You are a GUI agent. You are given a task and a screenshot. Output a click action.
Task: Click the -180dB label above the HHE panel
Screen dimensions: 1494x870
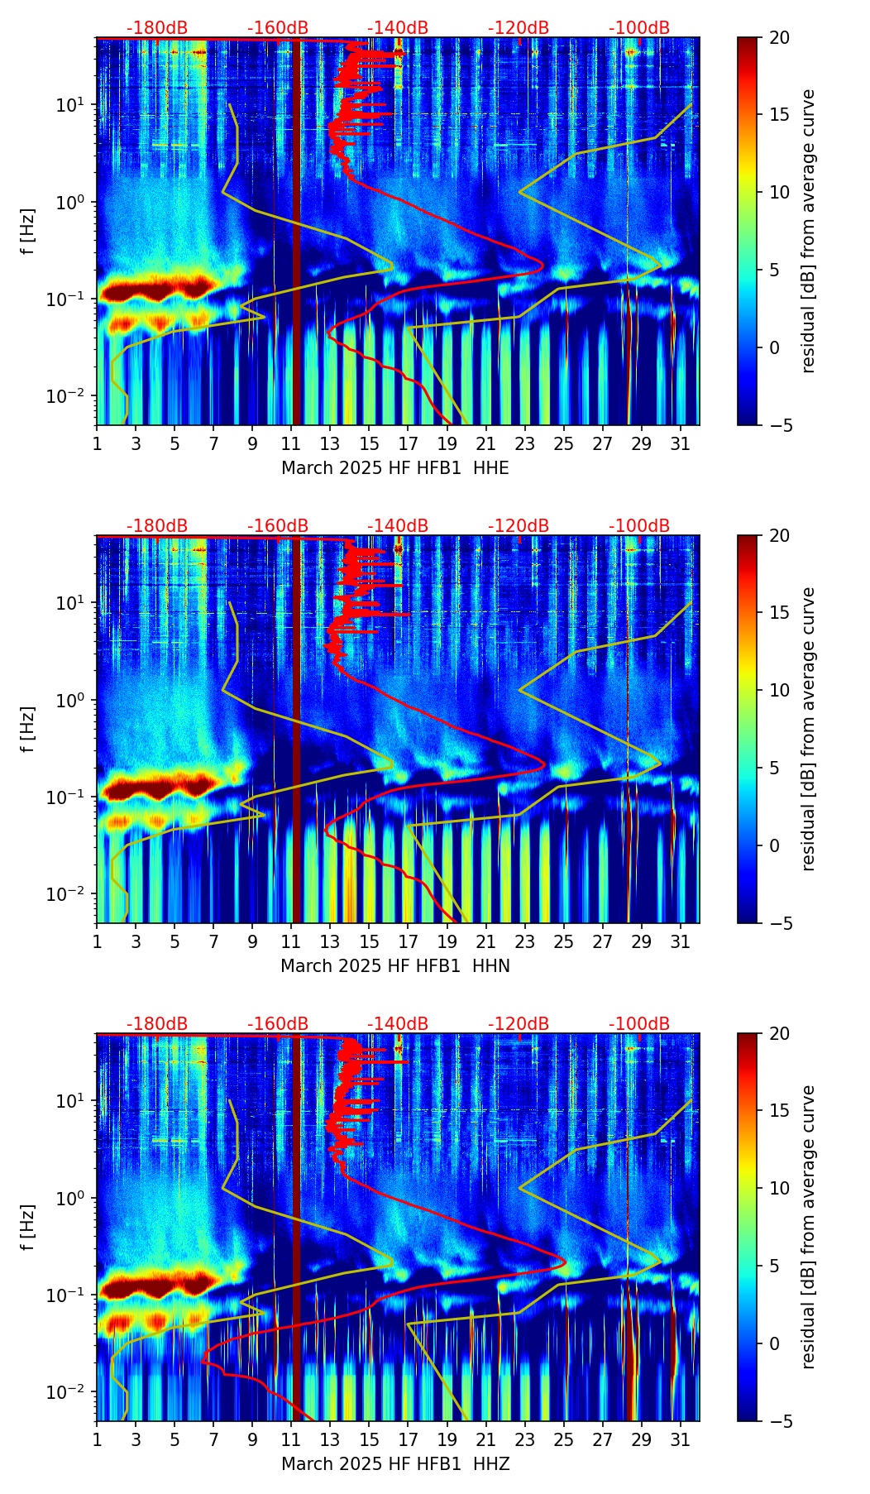tap(157, 28)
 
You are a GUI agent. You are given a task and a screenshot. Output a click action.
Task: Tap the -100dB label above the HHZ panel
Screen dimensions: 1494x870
tap(639, 1024)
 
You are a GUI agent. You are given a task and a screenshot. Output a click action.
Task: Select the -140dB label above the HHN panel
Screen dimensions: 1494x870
tap(398, 526)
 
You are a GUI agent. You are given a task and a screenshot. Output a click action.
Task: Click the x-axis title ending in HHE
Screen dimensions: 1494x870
tap(395, 468)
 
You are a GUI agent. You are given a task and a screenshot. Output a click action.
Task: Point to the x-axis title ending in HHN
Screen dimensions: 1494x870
tap(395, 966)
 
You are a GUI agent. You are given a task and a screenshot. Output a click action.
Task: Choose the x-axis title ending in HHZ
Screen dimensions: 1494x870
tap(395, 1464)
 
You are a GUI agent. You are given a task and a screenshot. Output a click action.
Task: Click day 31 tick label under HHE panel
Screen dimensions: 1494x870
tap(681, 444)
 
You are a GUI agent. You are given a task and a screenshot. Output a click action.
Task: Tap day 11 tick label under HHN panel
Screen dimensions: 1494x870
tap(291, 942)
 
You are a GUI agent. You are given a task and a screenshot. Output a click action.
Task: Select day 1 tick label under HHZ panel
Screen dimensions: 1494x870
tap(97, 1440)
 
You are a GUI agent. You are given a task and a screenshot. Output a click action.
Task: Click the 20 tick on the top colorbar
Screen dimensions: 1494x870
tap(779, 38)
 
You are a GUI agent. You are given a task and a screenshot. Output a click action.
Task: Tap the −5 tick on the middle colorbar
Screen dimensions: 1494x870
tap(777, 923)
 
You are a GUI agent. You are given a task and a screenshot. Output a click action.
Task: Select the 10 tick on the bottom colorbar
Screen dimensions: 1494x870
tap(779, 1188)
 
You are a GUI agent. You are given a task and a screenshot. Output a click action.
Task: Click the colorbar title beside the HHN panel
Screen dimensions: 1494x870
tap(809, 729)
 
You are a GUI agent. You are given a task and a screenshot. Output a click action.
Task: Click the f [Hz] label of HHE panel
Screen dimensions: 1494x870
tap(28, 231)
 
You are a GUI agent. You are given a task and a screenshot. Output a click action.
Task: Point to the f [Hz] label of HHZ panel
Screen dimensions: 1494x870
tap(28, 1227)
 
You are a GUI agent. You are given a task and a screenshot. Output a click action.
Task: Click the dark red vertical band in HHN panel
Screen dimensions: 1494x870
tap(296, 728)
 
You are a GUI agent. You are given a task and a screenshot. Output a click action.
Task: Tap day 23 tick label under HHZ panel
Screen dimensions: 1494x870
tap(525, 1440)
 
